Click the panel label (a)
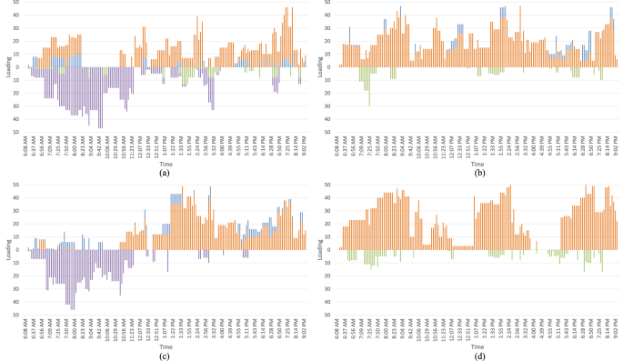point(164,172)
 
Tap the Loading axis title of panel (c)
point(9,249)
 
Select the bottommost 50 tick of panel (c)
point(20,315)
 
